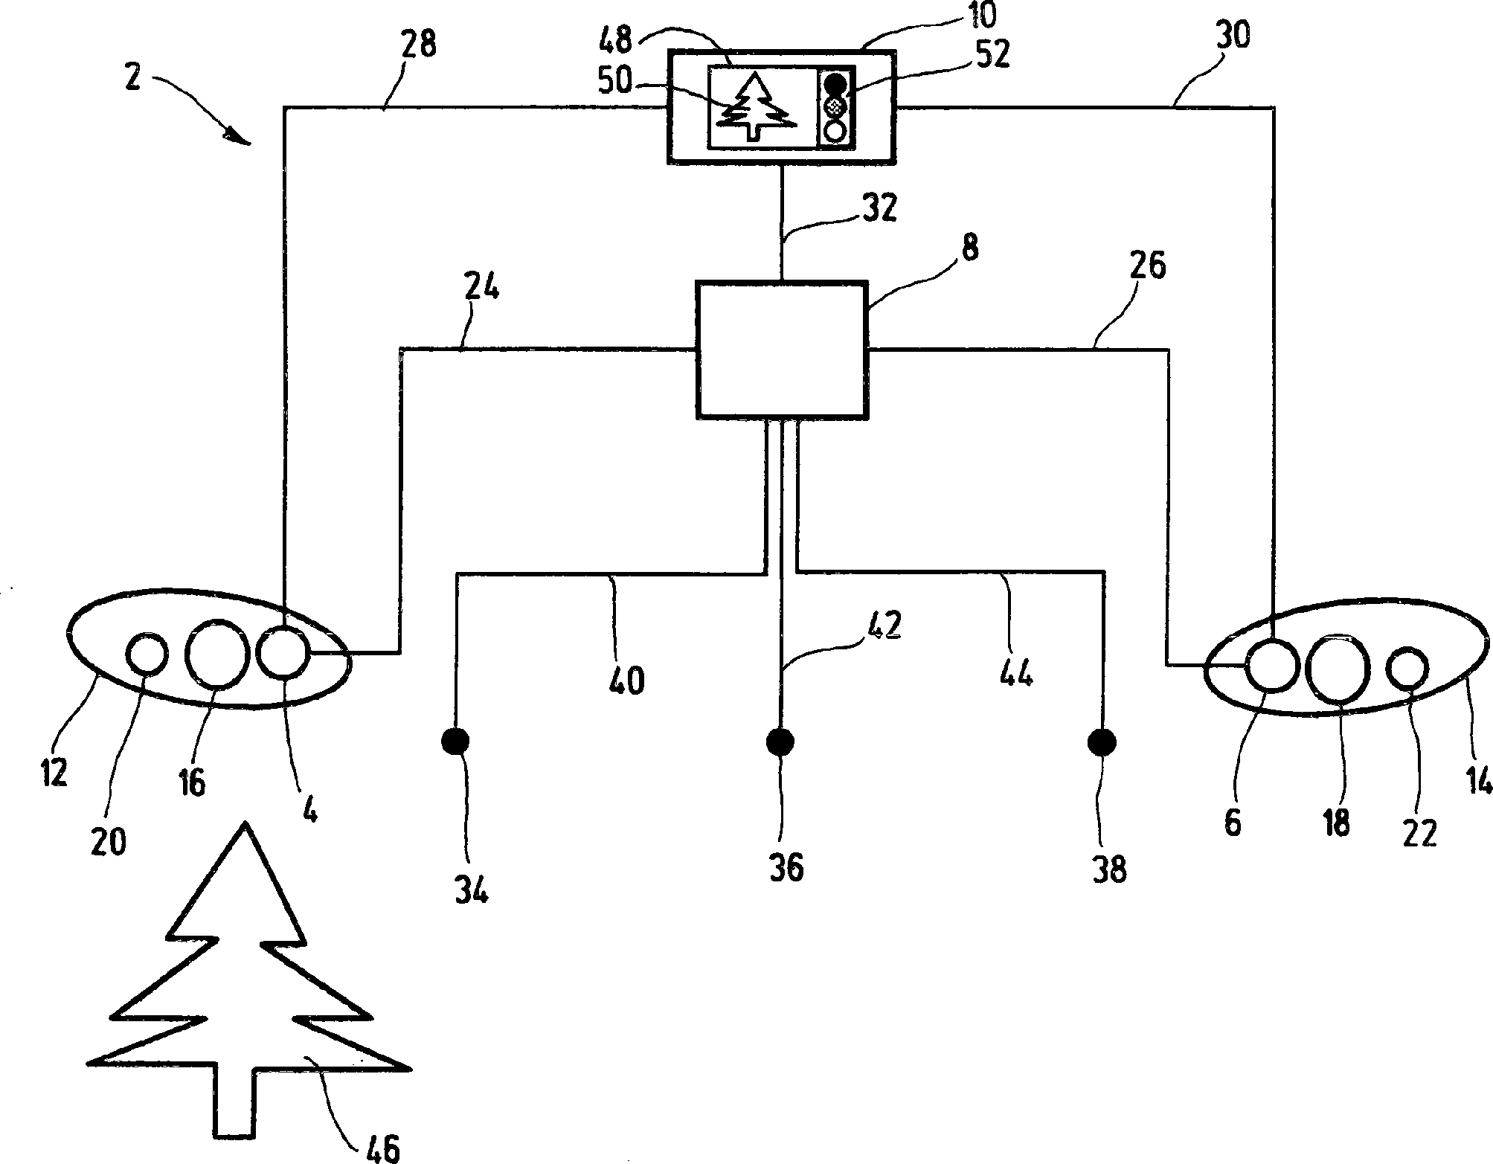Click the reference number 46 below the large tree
pos(383,1146)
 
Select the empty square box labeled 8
pos(781,349)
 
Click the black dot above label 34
pos(455,741)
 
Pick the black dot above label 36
pos(780,741)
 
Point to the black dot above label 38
pos(1101,741)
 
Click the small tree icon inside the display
pos(756,107)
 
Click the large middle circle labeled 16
pos(216,652)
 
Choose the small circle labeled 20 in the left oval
pos(147,654)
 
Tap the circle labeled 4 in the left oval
pos(282,652)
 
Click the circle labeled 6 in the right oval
pos(1272,666)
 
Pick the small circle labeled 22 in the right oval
pos(1407,667)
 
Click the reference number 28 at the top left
pos(419,45)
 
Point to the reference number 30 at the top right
pos(1232,35)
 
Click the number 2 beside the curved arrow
pos(132,78)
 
